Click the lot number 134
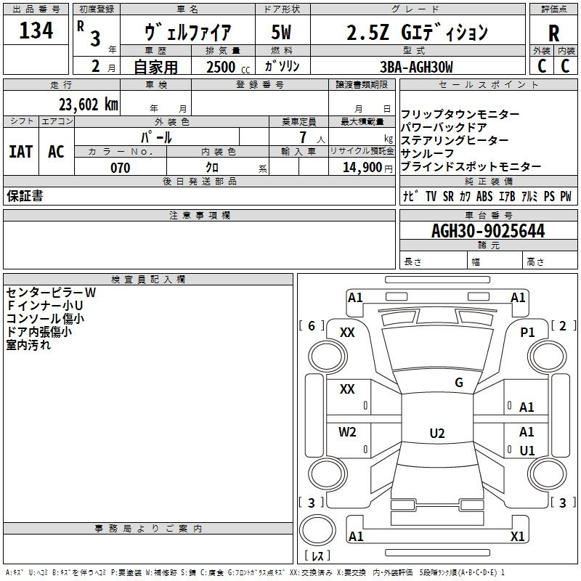pyautogui.click(x=36, y=31)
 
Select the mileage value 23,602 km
pyautogui.click(x=89, y=105)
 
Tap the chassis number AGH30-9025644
pyautogui.click(x=488, y=231)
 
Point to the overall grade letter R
pyautogui.click(x=553, y=33)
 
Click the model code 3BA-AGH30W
pyautogui.click(x=416, y=67)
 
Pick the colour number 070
pyautogui.click(x=121, y=168)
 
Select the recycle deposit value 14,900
pyautogui.click(x=362, y=168)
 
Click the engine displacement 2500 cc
pyautogui.click(x=228, y=67)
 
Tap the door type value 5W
pyautogui.click(x=281, y=32)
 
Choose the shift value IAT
pyautogui.click(x=21, y=152)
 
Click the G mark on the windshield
pyautogui.click(x=459, y=383)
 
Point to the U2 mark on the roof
pyautogui.click(x=437, y=433)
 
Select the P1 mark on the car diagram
pyautogui.click(x=527, y=333)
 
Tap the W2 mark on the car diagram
pyautogui.click(x=347, y=431)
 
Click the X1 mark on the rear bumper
pyautogui.click(x=517, y=536)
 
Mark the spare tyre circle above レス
pyautogui.click(x=317, y=530)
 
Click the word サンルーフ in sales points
pyautogui.click(x=427, y=153)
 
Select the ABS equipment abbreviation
pyautogui.click(x=484, y=196)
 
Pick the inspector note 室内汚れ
pyautogui.click(x=28, y=345)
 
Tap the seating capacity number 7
pyautogui.click(x=303, y=137)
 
